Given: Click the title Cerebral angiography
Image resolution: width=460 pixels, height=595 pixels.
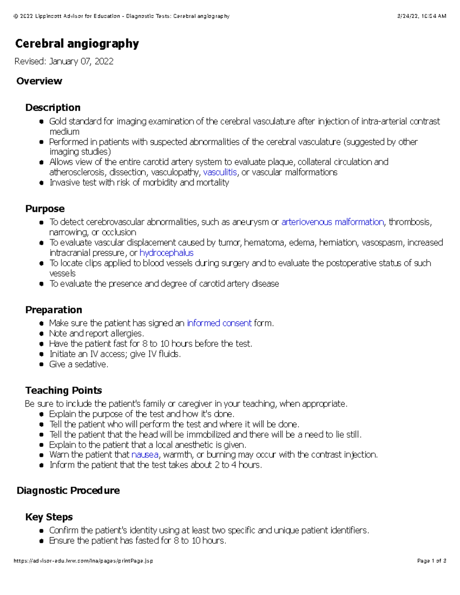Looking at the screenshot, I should [x=77, y=44].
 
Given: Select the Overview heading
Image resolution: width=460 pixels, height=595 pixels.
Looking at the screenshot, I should [x=39, y=81].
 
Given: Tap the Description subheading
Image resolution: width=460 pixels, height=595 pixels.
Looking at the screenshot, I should [x=53, y=107].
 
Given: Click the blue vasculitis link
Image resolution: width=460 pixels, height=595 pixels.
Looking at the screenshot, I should [x=220, y=172].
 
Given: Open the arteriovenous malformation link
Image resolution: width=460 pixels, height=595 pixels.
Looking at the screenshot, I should [x=332, y=222].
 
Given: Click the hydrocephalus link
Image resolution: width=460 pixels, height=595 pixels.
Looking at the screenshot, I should [x=166, y=253].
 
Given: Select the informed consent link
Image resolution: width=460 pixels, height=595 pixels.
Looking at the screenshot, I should [x=219, y=323].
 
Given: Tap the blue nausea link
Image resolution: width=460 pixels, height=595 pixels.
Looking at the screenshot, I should [x=145, y=455].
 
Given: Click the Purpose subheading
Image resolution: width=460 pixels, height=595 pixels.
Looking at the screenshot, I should [x=45, y=209].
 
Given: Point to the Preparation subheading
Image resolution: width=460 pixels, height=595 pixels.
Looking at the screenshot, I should [x=54, y=310].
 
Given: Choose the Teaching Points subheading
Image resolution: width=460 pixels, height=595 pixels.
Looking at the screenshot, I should [x=64, y=390].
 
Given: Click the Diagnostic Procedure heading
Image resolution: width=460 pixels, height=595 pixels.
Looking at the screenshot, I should [x=68, y=490].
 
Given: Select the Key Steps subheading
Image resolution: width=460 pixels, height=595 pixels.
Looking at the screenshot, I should [x=49, y=517].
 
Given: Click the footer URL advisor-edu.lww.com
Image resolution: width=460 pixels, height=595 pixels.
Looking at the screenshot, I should [x=83, y=561].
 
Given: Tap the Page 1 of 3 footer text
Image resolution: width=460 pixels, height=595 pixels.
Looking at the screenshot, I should [x=432, y=561].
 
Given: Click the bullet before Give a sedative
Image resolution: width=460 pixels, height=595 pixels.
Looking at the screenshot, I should [x=41, y=365].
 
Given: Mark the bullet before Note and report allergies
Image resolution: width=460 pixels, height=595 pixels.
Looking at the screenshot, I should [x=41, y=334].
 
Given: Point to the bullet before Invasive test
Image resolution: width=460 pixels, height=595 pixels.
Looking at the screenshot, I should [x=41, y=183].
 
